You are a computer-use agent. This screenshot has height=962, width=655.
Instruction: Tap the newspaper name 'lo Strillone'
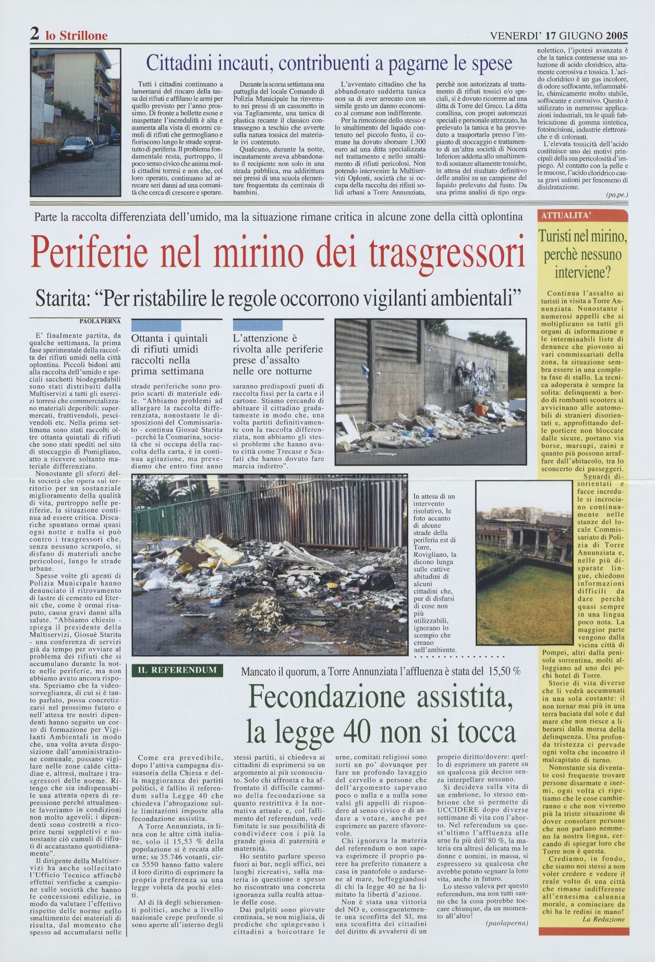(x=76, y=35)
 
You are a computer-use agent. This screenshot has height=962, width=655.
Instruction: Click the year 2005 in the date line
(x=616, y=35)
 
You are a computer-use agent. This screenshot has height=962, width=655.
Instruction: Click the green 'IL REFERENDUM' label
(x=177, y=670)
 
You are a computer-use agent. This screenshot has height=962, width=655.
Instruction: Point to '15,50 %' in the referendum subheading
(x=503, y=671)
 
